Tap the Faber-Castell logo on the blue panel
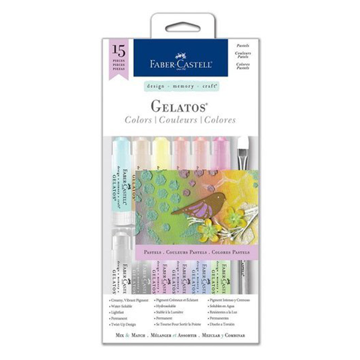click(x=181, y=62)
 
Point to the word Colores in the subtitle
click(x=219, y=120)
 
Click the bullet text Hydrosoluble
click(x=169, y=305)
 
